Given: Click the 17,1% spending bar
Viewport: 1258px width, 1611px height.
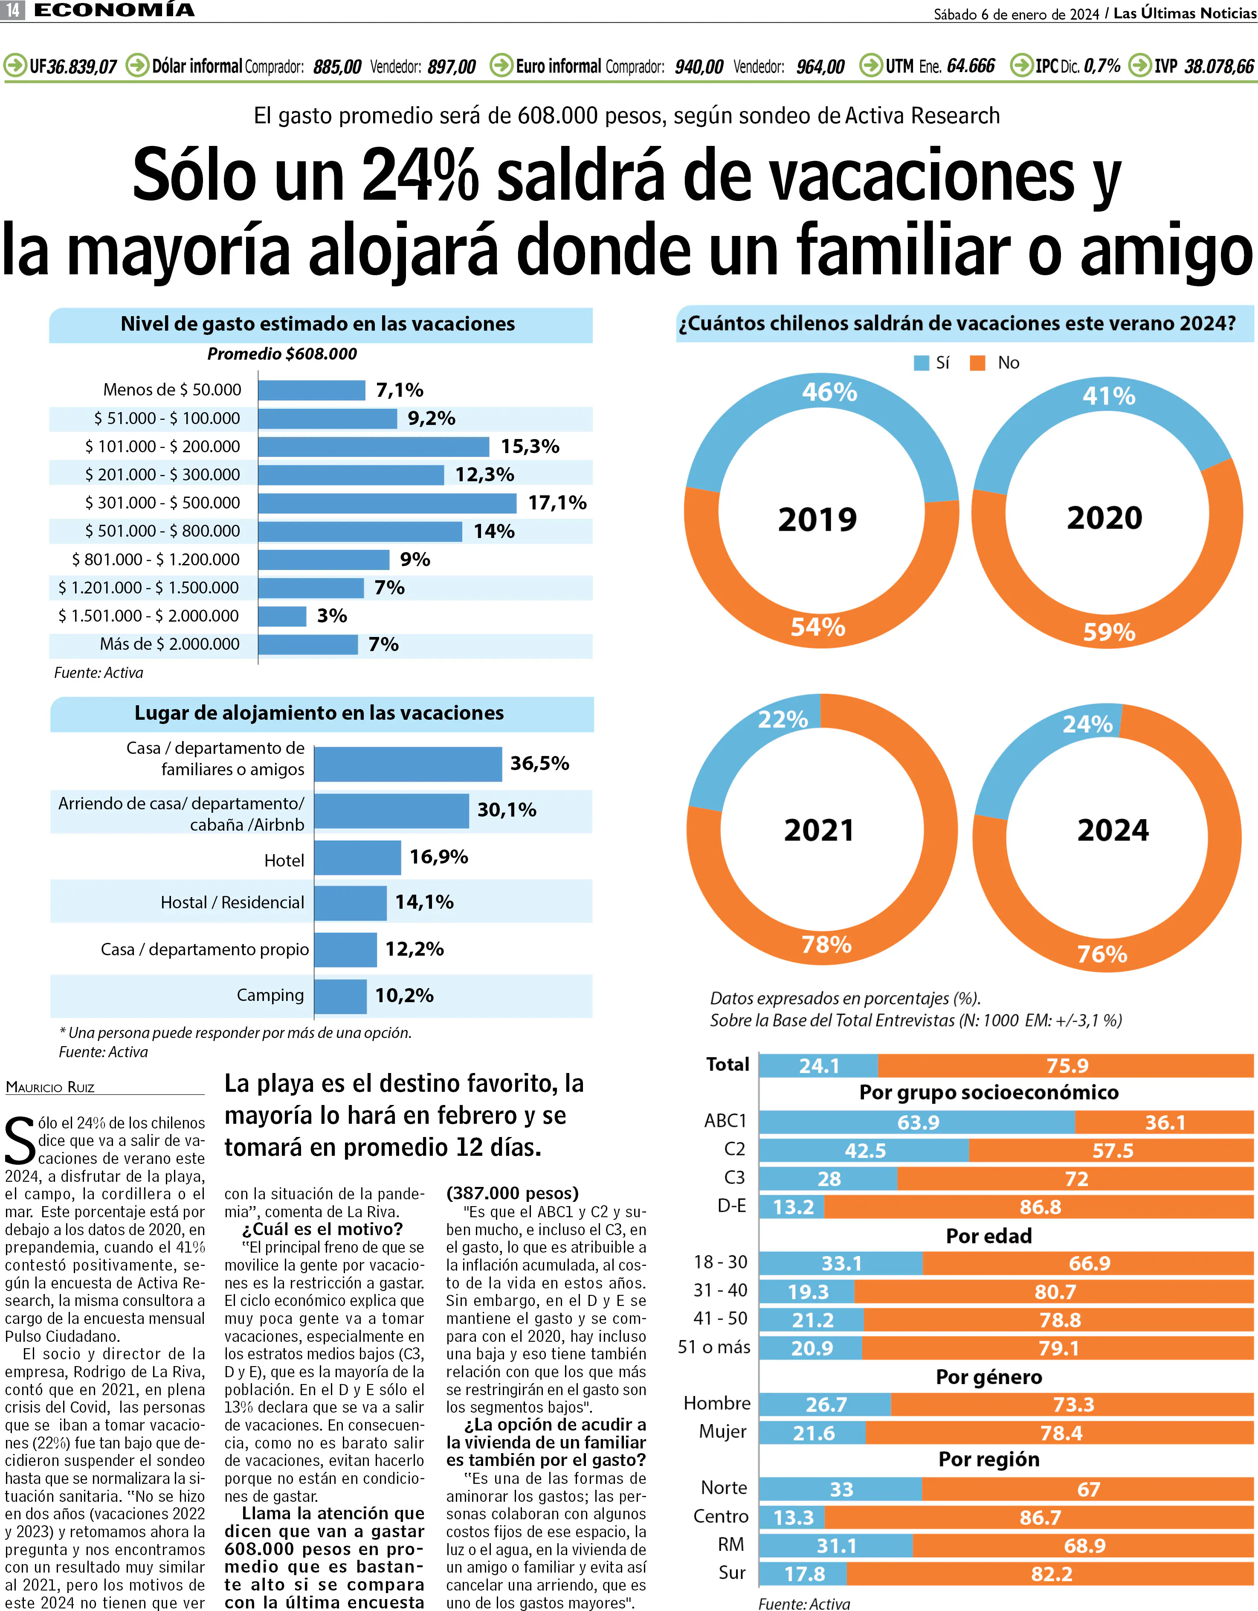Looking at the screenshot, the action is [387, 503].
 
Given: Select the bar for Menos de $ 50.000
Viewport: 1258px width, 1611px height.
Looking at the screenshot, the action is [312, 390].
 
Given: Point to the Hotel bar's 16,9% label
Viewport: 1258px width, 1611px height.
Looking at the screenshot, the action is [439, 857].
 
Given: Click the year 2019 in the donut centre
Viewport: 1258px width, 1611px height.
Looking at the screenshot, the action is [818, 519].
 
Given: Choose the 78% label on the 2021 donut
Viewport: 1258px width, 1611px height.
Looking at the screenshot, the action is [826, 944].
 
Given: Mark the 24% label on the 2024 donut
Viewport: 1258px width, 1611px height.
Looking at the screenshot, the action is [1088, 724].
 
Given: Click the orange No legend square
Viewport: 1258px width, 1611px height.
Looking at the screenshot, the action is [978, 363].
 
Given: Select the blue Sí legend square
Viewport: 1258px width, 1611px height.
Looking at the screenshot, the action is [921, 363].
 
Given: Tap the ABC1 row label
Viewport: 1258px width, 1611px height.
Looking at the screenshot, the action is [726, 1121].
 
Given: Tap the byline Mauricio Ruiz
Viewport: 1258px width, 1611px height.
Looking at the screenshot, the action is [50, 1087].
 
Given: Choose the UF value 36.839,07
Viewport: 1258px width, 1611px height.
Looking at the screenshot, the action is [82, 67].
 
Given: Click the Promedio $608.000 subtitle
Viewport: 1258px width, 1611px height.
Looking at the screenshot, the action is [282, 354].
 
